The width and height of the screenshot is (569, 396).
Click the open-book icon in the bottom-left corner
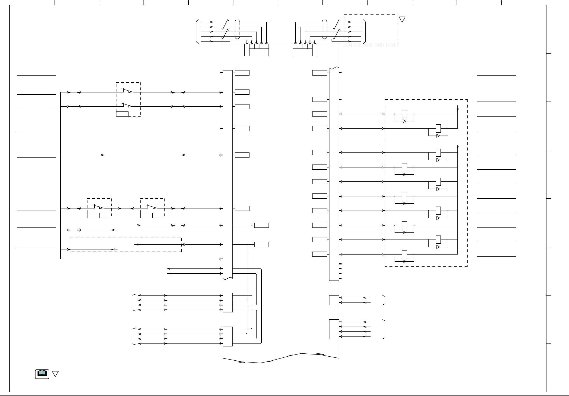pos(42,374)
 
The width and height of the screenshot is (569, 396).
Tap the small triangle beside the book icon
pos(55,374)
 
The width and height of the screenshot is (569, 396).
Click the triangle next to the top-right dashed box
pos(402,19)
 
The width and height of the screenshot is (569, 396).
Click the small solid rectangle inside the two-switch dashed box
pos(122,114)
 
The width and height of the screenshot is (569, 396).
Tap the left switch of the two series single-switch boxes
pos(98,207)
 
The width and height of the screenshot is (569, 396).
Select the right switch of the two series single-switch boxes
pos(152,207)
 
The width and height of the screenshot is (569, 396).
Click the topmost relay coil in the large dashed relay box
pos(404,114)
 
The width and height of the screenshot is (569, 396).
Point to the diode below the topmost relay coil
pos(404,121)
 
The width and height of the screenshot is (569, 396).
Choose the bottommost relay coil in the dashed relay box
pos(404,254)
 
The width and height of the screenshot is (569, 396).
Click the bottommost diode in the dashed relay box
pos(404,261)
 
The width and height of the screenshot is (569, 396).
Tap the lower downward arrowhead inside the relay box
pos(458,148)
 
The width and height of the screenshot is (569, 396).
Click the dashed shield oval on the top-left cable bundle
pos(237,29)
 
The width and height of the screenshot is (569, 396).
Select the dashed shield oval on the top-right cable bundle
pos(325,29)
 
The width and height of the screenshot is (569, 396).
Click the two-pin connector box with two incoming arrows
pos(334,300)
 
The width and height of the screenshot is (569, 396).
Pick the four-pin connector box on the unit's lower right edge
pos(334,329)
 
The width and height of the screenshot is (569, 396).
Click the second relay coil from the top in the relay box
pos(438,128)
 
